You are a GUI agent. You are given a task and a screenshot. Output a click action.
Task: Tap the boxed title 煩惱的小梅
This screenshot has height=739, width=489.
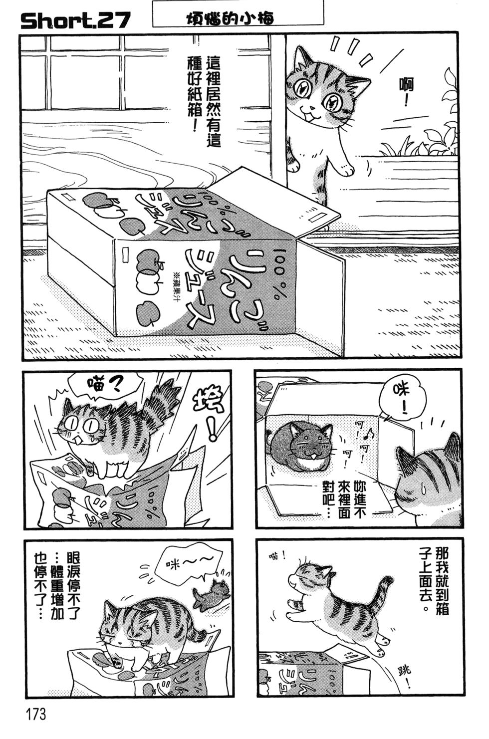pyautogui.click(x=237, y=16)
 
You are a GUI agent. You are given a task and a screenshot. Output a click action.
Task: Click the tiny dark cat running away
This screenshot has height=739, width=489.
pyautogui.click(x=212, y=594)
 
